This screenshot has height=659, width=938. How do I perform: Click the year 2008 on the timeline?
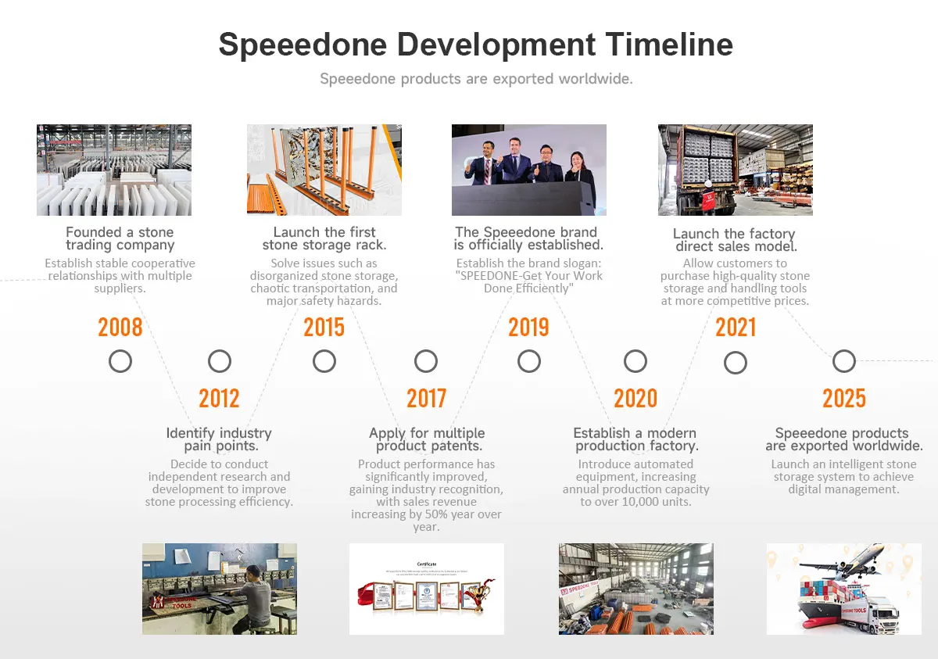click(120, 327)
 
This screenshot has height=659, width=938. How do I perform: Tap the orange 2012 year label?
click(219, 398)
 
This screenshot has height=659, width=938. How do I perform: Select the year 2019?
click(528, 327)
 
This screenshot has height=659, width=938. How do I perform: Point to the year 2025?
click(843, 398)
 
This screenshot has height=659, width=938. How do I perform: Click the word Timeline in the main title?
click(669, 45)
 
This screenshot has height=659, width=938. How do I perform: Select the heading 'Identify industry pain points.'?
click(219, 439)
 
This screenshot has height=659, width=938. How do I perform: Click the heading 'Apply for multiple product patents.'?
click(427, 439)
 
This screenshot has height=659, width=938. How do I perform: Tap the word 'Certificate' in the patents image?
click(427, 564)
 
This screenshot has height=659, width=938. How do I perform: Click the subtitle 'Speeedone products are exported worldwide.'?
click(477, 79)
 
